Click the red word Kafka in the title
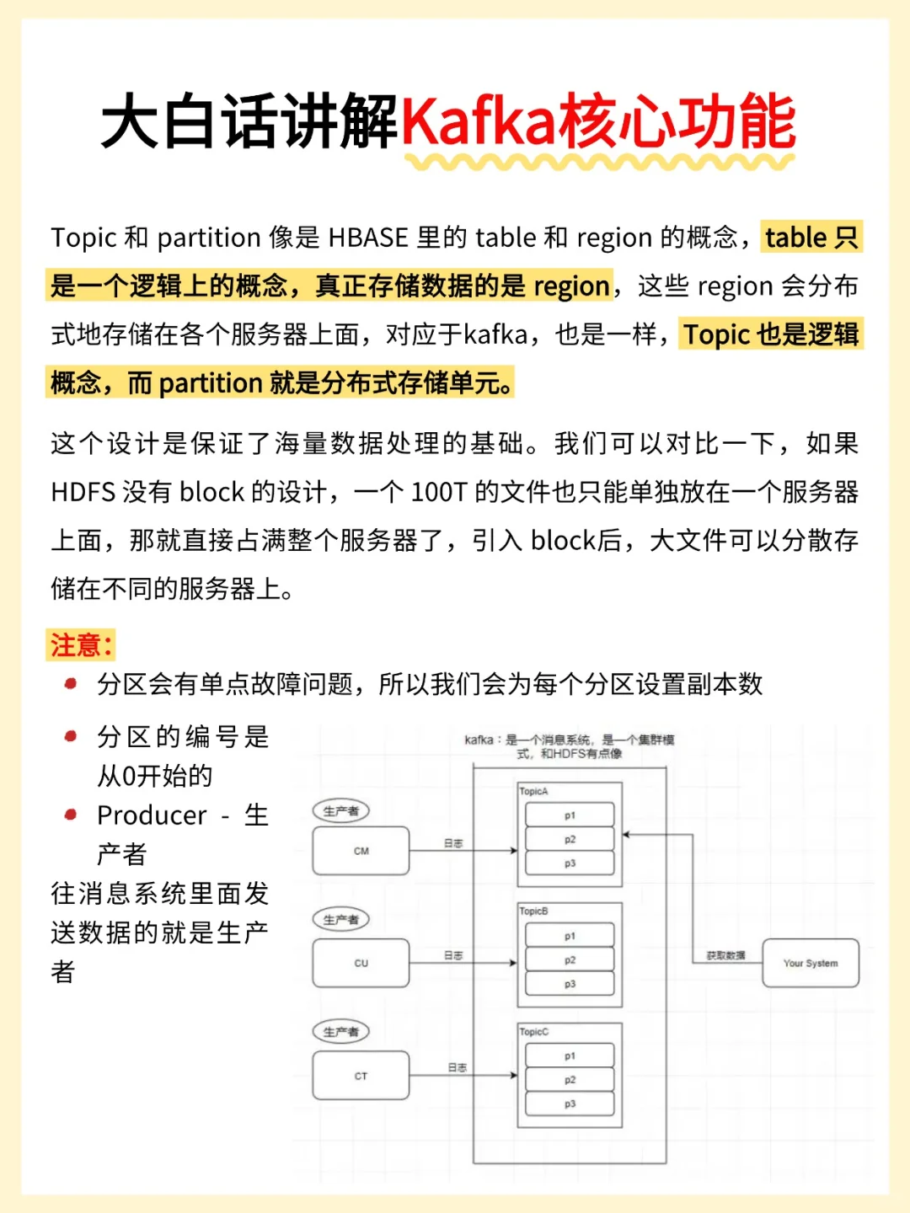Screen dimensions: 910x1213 (x=478, y=122)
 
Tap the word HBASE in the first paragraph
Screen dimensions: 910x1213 (x=368, y=238)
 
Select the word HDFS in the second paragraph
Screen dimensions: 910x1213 (x=83, y=492)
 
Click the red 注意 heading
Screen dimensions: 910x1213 (x=80, y=646)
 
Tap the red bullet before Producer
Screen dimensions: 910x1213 (x=71, y=815)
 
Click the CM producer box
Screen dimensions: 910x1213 (x=361, y=851)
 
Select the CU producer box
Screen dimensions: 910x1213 (x=361, y=963)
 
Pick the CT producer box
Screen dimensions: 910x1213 (x=361, y=1076)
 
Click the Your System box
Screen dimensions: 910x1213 (x=811, y=963)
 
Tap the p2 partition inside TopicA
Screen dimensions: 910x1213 (x=570, y=839)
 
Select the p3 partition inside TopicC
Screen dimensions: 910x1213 (x=570, y=1103)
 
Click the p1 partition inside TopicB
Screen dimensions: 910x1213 (x=570, y=936)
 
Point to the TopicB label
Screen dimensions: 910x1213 (x=533, y=911)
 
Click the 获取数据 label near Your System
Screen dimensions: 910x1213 (x=725, y=955)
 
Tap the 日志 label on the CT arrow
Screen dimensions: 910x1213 (x=457, y=1067)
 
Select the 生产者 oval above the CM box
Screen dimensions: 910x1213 (x=341, y=811)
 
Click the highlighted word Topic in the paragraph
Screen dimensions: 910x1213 (x=716, y=335)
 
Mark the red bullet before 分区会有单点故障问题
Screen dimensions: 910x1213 (x=71, y=684)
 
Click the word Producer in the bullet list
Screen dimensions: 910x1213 (x=152, y=815)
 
